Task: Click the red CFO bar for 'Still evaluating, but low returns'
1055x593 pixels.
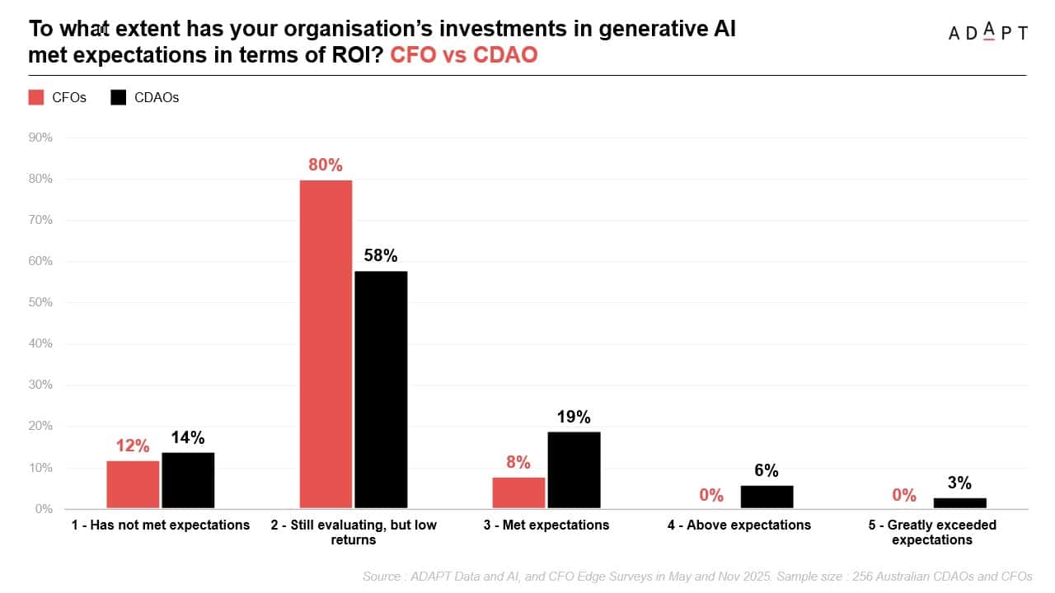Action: pyautogui.click(x=326, y=343)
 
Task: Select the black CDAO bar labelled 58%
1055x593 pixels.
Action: pyautogui.click(x=381, y=390)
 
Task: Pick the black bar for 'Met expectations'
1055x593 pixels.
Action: pyautogui.click(x=574, y=469)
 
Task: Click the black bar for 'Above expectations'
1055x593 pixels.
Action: pyautogui.click(x=767, y=497)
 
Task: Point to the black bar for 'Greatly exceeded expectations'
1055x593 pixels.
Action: pyautogui.click(x=959, y=502)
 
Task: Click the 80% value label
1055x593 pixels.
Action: pyautogui.click(x=326, y=165)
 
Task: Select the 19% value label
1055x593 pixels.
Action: pyautogui.click(x=574, y=418)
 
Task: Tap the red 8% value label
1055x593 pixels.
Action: pyautogui.click(x=518, y=463)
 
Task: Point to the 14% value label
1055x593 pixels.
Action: pyautogui.click(x=188, y=438)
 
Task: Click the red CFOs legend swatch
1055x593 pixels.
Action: pyautogui.click(x=36, y=97)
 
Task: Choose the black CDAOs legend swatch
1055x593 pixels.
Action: pyautogui.click(x=119, y=97)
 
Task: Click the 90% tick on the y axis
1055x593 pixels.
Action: pyautogui.click(x=40, y=138)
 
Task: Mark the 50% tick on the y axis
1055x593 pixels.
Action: pyautogui.click(x=40, y=302)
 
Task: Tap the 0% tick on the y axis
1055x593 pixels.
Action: pyautogui.click(x=44, y=509)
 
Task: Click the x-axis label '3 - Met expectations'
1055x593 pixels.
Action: pyautogui.click(x=546, y=525)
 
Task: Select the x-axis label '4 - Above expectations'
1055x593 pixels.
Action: pyautogui.click(x=739, y=525)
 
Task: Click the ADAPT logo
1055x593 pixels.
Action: pyautogui.click(x=987, y=32)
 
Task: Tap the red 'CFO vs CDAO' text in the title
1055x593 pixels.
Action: pyautogui.click(x=463, y=54)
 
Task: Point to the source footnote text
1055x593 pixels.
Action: pyautogui.click(x=697, y=577)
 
